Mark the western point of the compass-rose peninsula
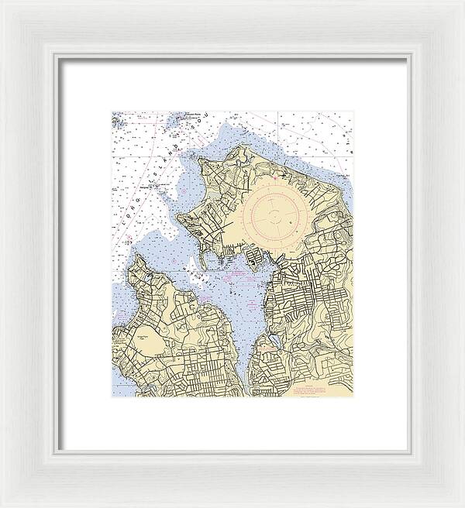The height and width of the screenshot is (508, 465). tap(179, 218)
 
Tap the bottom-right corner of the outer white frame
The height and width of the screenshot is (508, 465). tap(463, 506)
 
